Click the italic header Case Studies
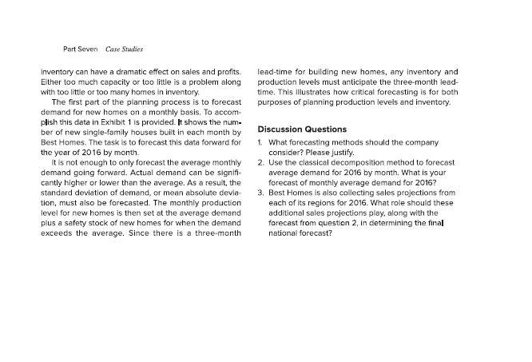click(x=125, y=50)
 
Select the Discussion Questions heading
click(x=302, y=129)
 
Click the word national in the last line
click(x=284, y=233)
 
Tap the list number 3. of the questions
click(x=260, y=193)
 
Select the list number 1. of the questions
click(x=260, y=142)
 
